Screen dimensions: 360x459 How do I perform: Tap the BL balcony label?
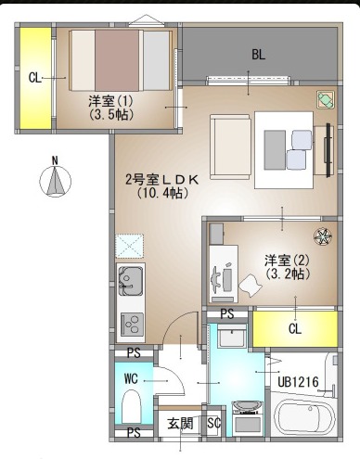(x=258, y=55)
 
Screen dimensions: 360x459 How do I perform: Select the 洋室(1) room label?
(x=111, y=101)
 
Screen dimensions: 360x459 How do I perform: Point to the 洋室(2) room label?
(x=287, y=261)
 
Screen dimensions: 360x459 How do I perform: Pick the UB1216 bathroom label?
(x=298, y=382)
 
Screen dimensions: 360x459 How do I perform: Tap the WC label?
(x=131, y=378)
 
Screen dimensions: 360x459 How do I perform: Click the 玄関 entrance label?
(x=180, y=423)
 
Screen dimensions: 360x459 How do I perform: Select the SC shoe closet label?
(x=213, y=423)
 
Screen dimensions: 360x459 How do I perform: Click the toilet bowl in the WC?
(x=132, y=406)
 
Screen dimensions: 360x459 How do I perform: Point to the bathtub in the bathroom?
(x=304, y=416)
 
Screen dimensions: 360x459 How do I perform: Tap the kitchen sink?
(x=131, y=281)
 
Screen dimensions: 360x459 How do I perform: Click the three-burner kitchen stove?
(x=132, y=324)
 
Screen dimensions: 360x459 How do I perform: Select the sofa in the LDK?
(x=230, y=147)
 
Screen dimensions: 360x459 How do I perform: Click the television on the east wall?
(x=328, y=150)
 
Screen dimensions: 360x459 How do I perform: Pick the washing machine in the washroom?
(x=247, y=418)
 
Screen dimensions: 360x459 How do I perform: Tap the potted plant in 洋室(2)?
(x=323, y=236)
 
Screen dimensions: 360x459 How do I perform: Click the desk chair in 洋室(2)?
(x=251, y=285)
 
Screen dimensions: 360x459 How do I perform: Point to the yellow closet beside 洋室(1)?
(x=35, y=79)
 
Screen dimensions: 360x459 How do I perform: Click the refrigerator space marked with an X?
(x=129, y=246)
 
